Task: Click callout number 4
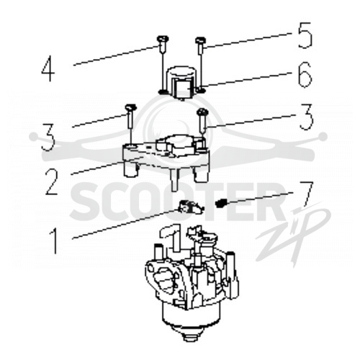(x=48, y=68)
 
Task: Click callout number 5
(x=305, y=35)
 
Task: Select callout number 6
(x=305, y=75)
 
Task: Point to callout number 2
(x=52, y=181)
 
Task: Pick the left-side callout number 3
(x=48, y=138)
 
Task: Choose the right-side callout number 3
(x=305, y=117)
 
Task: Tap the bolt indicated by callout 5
(x=200, y=45)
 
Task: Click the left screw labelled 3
(x=130, y=117)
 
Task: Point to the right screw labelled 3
(x=202, y=121)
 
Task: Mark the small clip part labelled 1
(x=190, y=207)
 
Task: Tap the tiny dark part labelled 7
(x=220, y=204)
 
